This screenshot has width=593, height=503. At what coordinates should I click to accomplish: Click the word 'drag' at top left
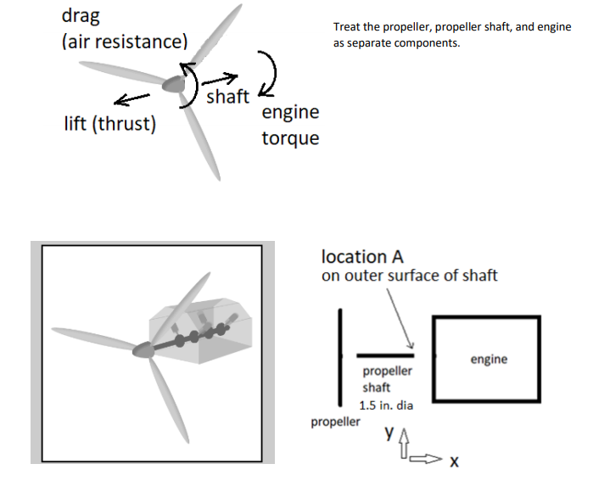pos(81,16)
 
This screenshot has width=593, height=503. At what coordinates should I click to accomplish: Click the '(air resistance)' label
pos(125,42)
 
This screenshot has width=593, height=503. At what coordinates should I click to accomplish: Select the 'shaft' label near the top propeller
pos(227,97)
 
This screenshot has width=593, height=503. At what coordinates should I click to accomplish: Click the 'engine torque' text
pos(290,125)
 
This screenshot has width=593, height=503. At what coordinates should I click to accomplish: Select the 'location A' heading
pos(362,256)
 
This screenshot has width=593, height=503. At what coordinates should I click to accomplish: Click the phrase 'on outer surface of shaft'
pos(409,276)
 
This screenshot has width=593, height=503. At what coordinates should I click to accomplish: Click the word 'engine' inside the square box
pos(489,359)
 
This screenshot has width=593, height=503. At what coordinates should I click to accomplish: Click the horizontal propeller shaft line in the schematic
pos(384,355)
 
